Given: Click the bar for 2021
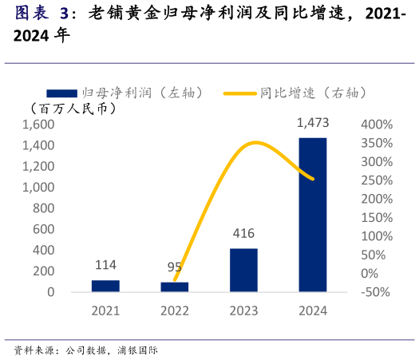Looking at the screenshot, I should pos(105,286).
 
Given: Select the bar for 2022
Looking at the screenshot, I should pos(175,287).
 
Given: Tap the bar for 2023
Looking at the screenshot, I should pos(243,270).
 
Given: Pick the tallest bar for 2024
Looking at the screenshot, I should pos(312,215).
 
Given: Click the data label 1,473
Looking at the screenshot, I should pos(312,123).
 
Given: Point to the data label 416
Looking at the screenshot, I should pos(243,234).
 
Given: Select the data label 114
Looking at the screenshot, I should pos(105,266).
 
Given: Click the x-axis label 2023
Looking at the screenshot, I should pos(243,311).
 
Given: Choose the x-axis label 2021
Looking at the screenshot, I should pos(105,311).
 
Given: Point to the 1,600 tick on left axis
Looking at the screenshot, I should pos(38,125).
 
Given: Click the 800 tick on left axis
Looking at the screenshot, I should pos(45,208).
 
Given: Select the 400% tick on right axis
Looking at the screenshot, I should pos(376,125).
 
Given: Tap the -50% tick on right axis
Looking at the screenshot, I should pos(375,292).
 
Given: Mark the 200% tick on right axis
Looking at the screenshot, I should pos(376,200).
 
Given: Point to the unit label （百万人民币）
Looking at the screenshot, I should pos(73,108).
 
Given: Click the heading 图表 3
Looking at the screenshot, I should pos(42,14).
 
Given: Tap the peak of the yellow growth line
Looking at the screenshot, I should pos(255,143).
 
